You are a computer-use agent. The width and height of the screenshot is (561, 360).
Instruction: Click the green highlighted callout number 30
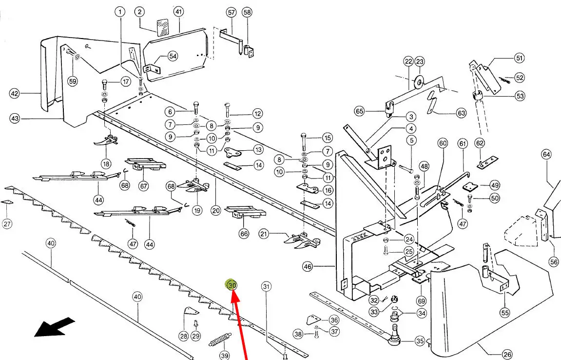click(231, 285)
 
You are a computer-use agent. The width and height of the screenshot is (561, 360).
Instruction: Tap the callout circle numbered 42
click(15, 93)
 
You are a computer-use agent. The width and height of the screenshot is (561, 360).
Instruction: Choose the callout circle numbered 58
click(247, 12)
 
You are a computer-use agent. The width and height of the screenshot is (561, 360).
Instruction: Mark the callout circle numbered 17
click(126, 81)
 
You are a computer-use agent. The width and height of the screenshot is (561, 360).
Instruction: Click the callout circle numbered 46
click(321, 267)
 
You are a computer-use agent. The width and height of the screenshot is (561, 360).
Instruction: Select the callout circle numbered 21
click(264, 234)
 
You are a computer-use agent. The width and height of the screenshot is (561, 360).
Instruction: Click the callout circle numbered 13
click(258, 149)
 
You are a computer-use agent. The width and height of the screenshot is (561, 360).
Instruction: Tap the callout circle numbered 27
click(7, 224)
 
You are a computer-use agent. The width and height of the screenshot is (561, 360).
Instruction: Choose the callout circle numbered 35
click(419, 341)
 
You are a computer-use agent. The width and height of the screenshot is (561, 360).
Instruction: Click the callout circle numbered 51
click(519, 59)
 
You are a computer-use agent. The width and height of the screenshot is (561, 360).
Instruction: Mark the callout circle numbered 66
click(244, 234)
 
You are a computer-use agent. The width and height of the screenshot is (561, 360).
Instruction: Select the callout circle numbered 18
click(106, 163)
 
